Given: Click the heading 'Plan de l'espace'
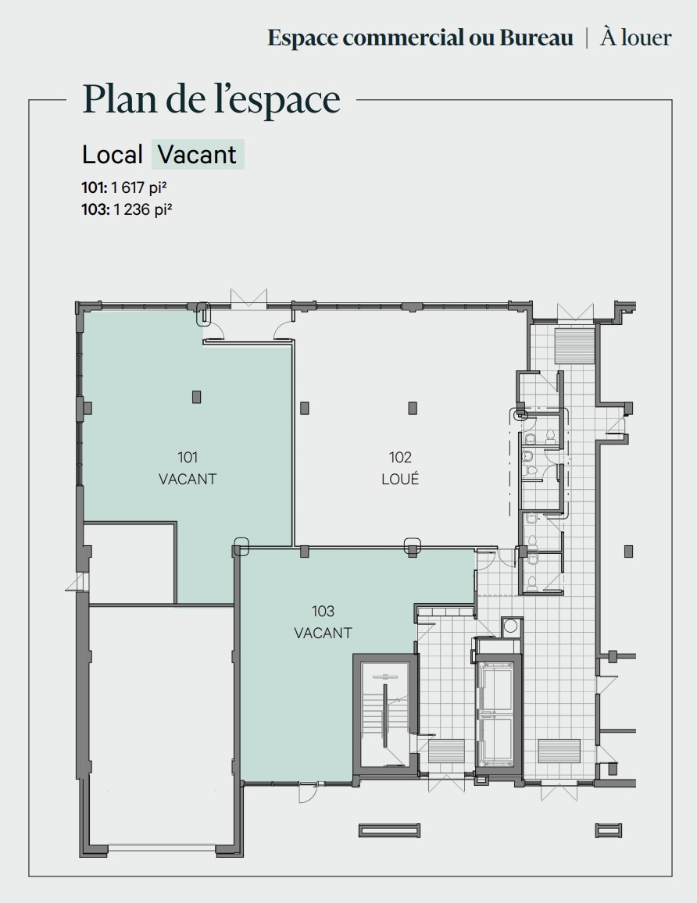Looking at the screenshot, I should point(211,99).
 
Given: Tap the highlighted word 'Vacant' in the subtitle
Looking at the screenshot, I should point(197,155).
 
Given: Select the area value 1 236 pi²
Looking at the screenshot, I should point(141,209).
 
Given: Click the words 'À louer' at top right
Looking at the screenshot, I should point(635,37).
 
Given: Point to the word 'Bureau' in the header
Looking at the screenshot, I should point(536,37).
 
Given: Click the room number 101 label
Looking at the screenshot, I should point(188,457).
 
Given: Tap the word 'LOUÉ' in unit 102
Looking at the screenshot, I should point(400,479).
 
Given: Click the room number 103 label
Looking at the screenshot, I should point(323,611).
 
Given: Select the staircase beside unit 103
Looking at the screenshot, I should point(384,715).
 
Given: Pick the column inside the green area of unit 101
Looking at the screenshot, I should point(197,397).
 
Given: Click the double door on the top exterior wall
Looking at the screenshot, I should point(249,299).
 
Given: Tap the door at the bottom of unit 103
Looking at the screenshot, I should point(308,789).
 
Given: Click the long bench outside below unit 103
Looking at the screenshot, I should point(389,830).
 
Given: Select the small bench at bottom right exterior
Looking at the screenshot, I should point(608,830).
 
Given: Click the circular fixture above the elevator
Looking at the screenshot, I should point(511,626).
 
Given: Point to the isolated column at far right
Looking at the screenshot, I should point(628,551).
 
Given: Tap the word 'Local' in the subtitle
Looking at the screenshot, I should point(113,155).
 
